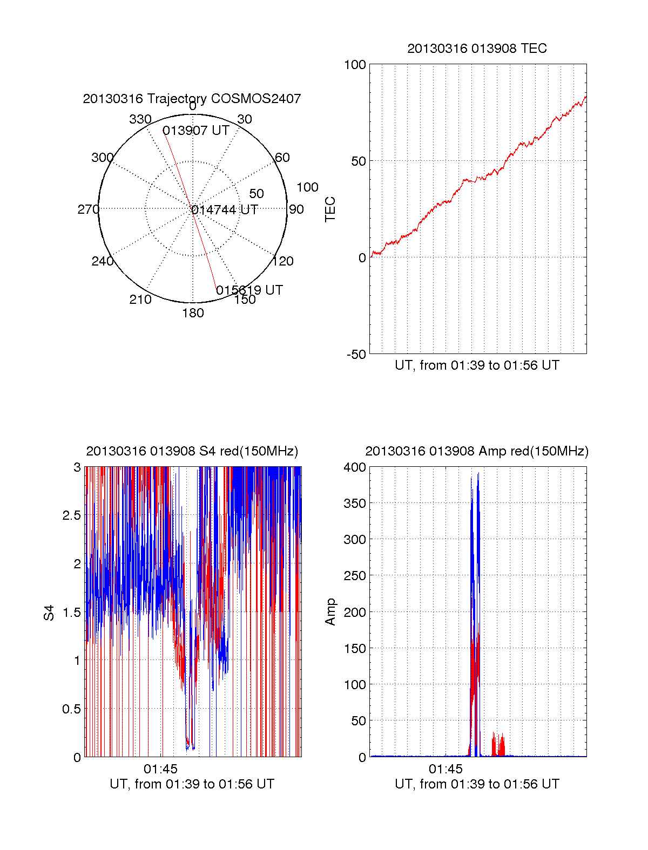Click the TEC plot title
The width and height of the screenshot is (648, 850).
(477, 49)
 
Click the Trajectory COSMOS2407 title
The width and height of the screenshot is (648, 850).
(192, 99)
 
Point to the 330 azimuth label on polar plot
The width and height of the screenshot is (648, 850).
(140, 119)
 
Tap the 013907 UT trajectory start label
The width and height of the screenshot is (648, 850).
(196, 131)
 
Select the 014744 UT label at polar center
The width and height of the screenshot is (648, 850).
(225, 210)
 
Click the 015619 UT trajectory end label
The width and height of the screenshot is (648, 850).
(249, 290)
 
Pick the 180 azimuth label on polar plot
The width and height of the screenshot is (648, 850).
(193, 313)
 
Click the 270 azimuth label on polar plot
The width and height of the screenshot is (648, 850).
(88, 209)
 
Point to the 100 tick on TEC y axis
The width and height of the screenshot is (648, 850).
(355, 65)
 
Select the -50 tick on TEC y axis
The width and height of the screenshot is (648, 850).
(356, 355)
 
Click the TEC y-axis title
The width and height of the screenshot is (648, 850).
(330, 209)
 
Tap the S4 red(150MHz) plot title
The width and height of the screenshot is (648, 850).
(192, 451)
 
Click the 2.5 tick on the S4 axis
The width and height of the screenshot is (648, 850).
(72, 515)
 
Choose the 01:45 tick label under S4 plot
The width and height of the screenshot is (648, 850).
(160, 769)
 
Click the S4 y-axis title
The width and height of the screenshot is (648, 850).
(49, 613)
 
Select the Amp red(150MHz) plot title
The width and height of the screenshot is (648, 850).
(477, 451)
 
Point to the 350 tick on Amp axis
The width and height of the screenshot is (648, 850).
(355, 504)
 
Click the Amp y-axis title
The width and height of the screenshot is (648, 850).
(330, 612)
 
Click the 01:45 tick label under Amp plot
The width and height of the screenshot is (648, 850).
(446, 769)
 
